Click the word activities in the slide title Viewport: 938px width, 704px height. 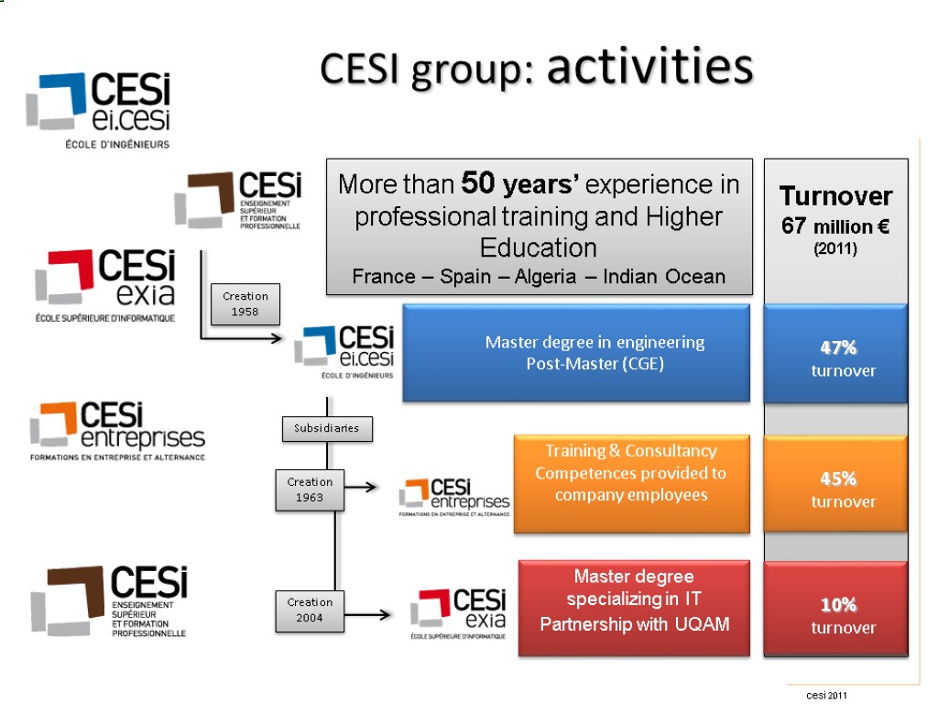click(649, 66)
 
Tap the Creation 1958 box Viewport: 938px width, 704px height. click(245, 303)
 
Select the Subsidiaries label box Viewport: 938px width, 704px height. click(327, 428)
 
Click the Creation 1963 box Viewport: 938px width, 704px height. click(310, 489)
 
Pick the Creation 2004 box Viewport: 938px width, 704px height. click(310, 610)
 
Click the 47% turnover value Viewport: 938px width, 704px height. click(838, 347)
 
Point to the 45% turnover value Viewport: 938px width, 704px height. click(838, 478)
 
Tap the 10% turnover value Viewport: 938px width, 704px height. click(838, 604)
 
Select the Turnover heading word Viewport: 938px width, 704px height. click(835, 196)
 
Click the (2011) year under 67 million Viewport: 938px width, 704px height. click(835, 248)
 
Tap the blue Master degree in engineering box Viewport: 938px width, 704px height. click(576, 354)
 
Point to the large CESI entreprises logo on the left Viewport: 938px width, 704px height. click(117, 429)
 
